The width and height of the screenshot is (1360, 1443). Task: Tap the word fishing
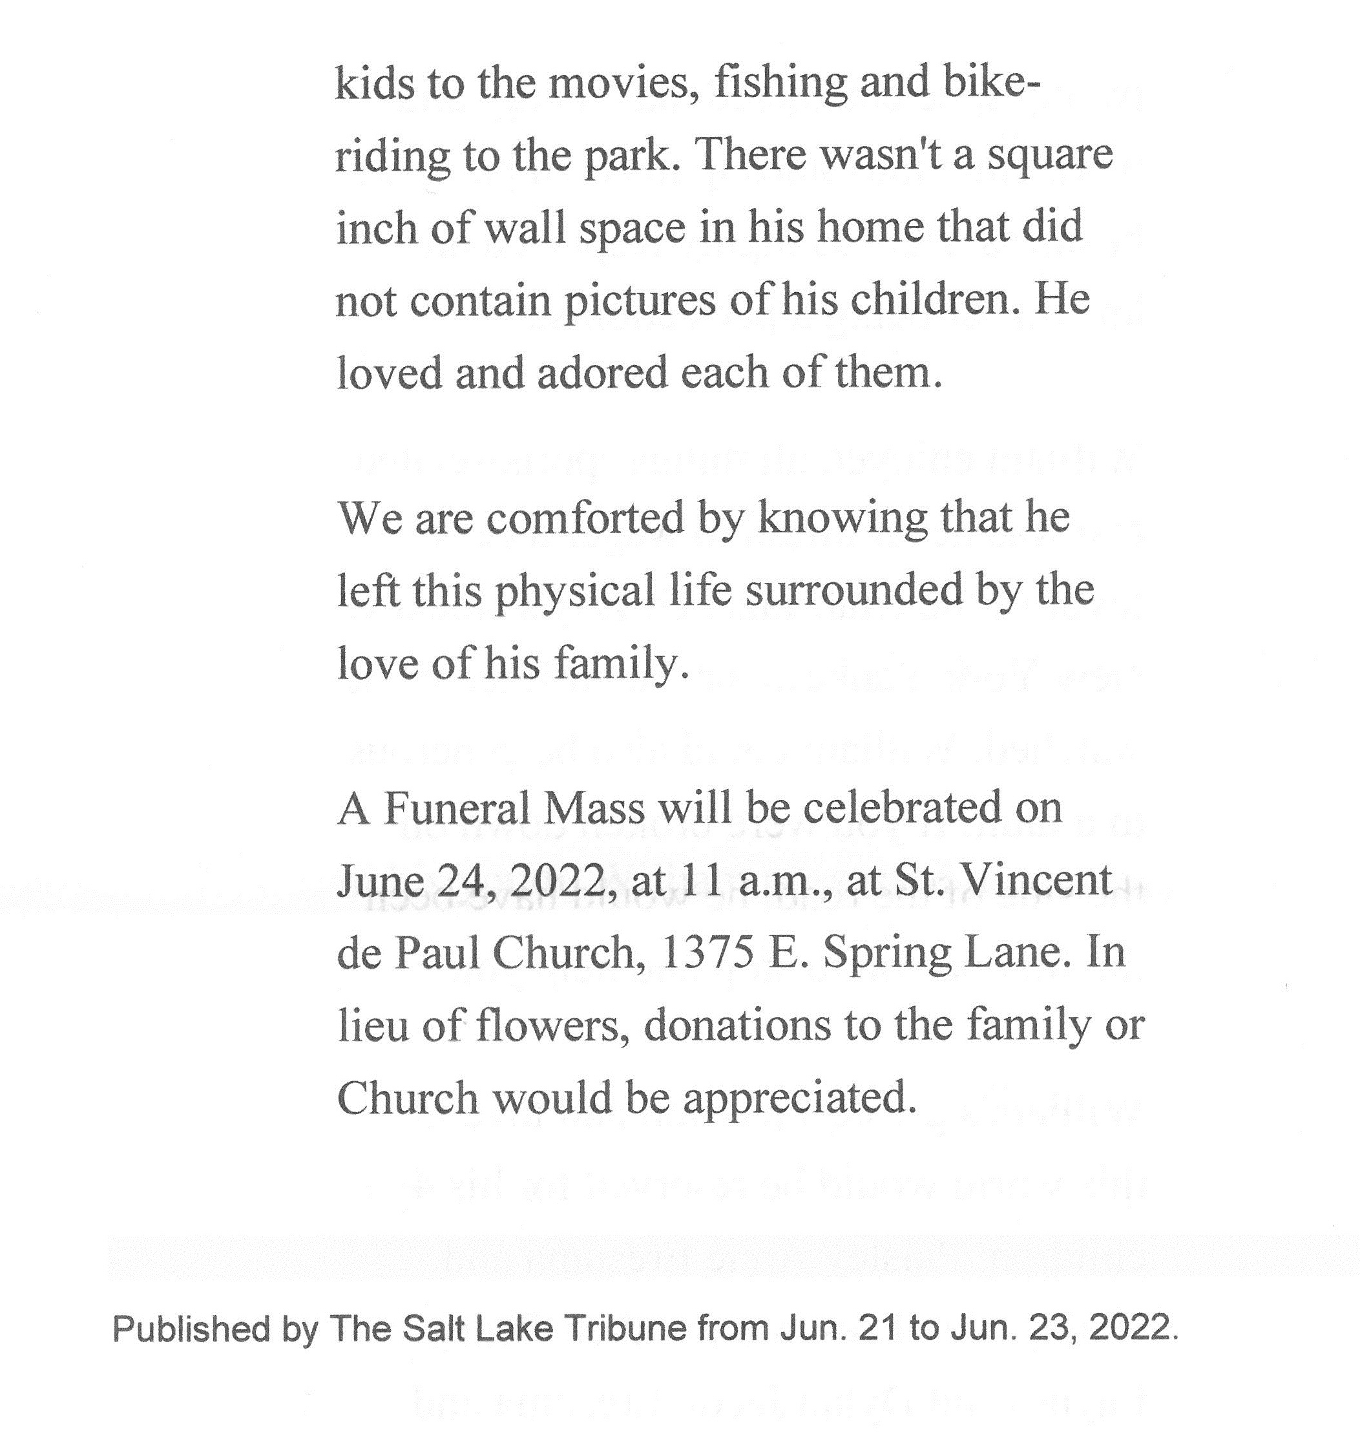pyautogui.click(x=780, y=83)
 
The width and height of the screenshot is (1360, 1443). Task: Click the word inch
pyautogui.click(x=375, y=228)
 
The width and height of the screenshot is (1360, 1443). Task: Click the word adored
pyautogui.click(x=591, y=373)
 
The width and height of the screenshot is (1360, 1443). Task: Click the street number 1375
pyautogui.click(x=707, y=953)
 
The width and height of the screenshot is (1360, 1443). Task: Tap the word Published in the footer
pyautogui.click(x=191, y=1329)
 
